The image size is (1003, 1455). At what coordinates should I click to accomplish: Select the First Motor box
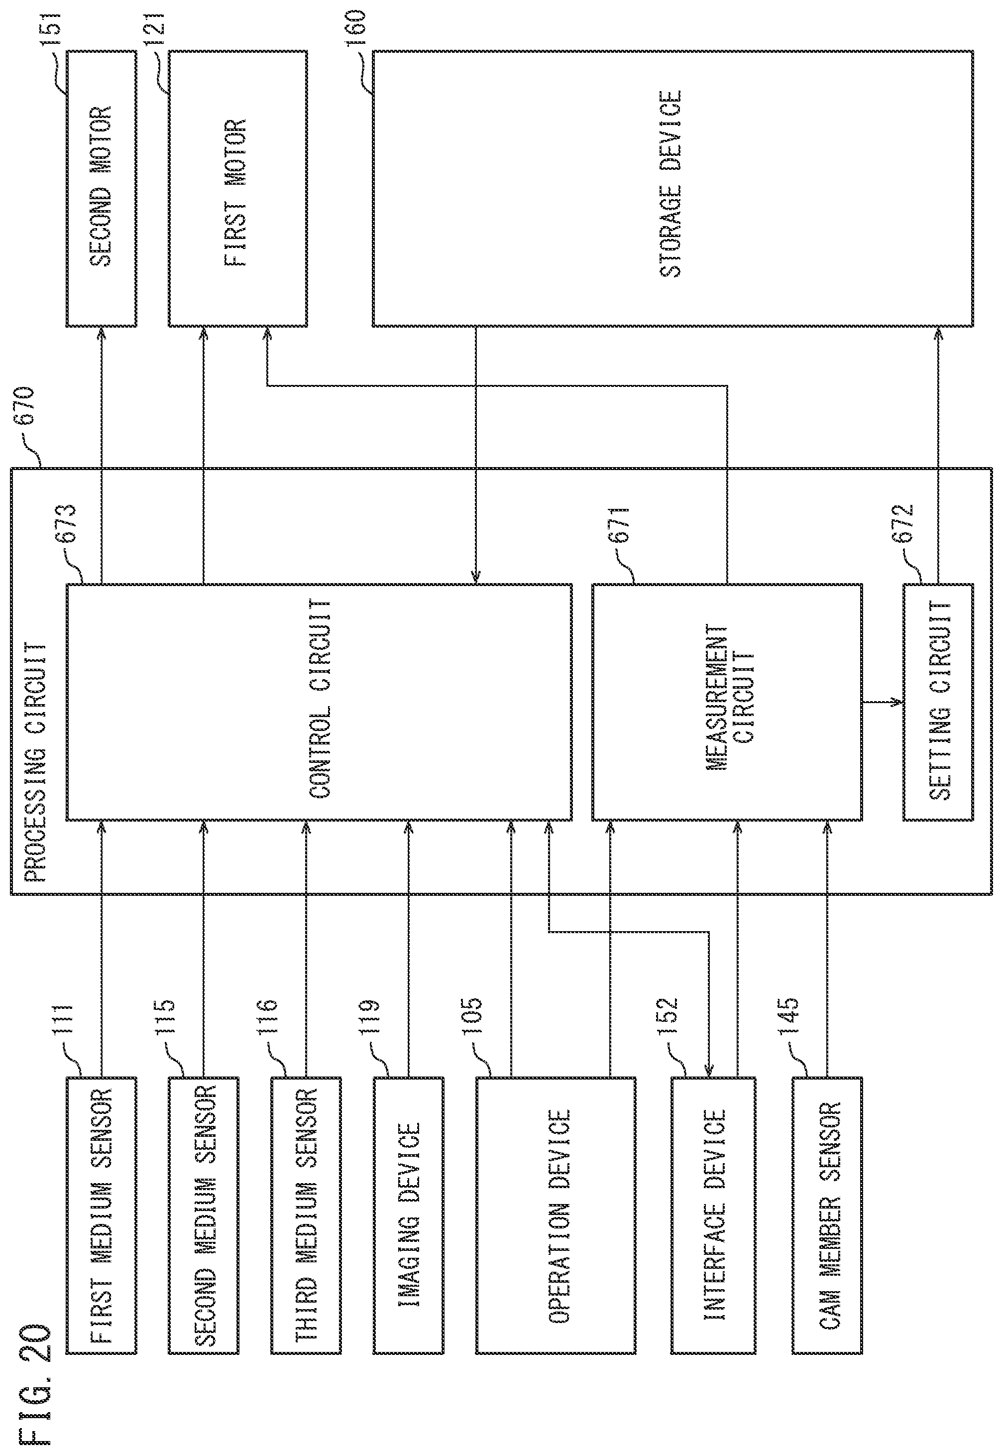click(237, 189)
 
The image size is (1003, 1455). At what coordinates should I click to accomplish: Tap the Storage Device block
click(672, 189)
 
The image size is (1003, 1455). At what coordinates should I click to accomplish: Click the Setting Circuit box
click(938, 702)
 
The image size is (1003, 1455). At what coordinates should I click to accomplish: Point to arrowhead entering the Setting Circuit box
click(898, 702)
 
